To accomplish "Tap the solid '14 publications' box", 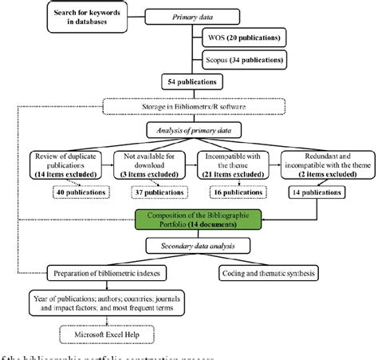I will (x=317, y=192).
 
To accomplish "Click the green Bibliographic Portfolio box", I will (x=188, y=220).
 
